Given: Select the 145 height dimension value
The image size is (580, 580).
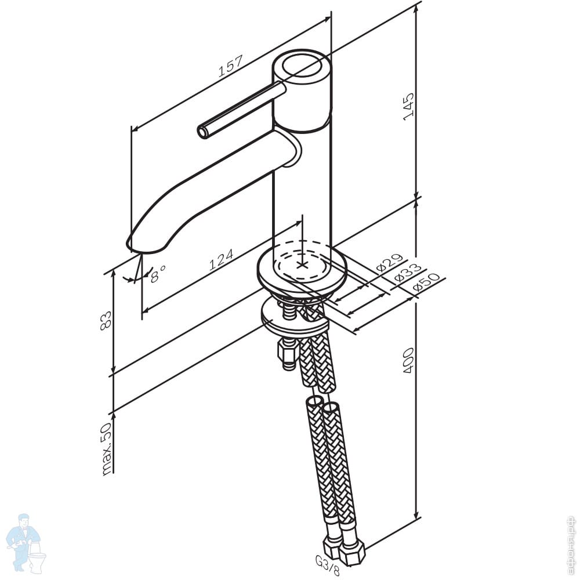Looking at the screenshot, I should (x=409, y=106).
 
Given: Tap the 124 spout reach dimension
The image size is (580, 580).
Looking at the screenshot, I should (x=221, y=259).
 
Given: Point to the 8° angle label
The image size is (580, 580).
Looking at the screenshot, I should (x=157, y=273).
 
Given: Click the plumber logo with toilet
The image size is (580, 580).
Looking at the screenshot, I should (x=26, y=542).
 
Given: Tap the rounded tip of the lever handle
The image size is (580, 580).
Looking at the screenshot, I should (x=203, y=132).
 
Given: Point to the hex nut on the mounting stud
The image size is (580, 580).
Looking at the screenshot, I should (x=288, y=351).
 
